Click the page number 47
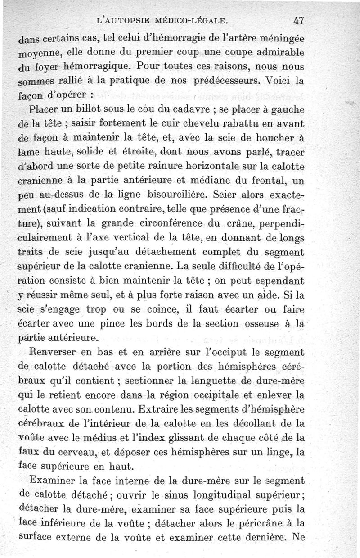(297, 20)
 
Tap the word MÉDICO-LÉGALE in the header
(191, 20)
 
